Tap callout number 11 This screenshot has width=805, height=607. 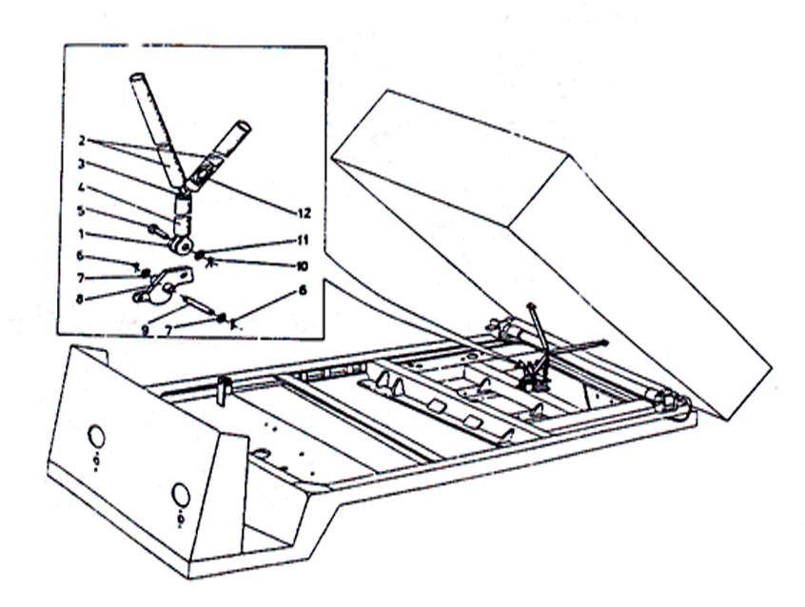304,241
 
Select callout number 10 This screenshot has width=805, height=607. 302,266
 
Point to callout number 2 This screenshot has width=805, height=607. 81,140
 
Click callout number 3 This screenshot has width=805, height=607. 81,164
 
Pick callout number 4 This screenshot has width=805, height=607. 81,187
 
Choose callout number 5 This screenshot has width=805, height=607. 81,210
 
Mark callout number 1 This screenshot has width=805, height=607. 81,234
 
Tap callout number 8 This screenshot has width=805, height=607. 80,299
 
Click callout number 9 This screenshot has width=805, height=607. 146,331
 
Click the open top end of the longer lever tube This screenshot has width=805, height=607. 138,79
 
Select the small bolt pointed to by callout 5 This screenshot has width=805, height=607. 158,233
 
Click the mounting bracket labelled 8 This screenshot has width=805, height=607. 162,286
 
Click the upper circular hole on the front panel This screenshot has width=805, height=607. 96,438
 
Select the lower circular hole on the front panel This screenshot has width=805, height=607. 181,496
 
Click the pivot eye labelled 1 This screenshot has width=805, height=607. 183,246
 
